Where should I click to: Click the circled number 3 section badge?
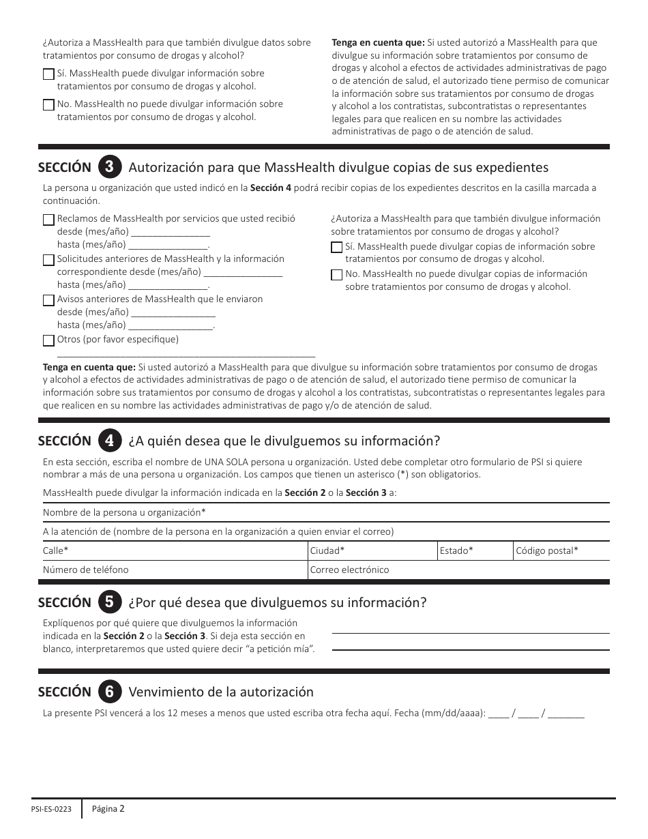(x=110, y=167)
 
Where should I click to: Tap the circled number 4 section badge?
(x=110, y=440)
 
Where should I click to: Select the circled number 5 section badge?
(x=110, y=602)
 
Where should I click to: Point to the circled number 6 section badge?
(x=110, y=692)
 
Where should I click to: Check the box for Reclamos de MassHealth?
(x=48, y=220)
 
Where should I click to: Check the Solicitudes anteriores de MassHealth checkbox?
(x=48, y=260)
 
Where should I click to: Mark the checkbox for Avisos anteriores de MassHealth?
(x=48, y=300)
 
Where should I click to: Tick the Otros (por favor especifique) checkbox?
(x=48, y=340)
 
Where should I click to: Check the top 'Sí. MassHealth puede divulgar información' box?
(x=48, y=74)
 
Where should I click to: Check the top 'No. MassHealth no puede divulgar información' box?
(x=48, y=105)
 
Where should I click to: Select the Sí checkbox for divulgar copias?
(x=336, y=248)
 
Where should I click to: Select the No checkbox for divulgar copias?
(x=336, y=275)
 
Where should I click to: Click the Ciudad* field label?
(x=327, y=550)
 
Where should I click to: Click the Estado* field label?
(x=456, y=550)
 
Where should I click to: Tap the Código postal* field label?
(x=547, y=550)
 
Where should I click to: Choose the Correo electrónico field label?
(x=349, y=570)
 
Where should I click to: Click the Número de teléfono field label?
(x=85, y=570)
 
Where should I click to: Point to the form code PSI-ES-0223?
(x=51, y=810)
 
